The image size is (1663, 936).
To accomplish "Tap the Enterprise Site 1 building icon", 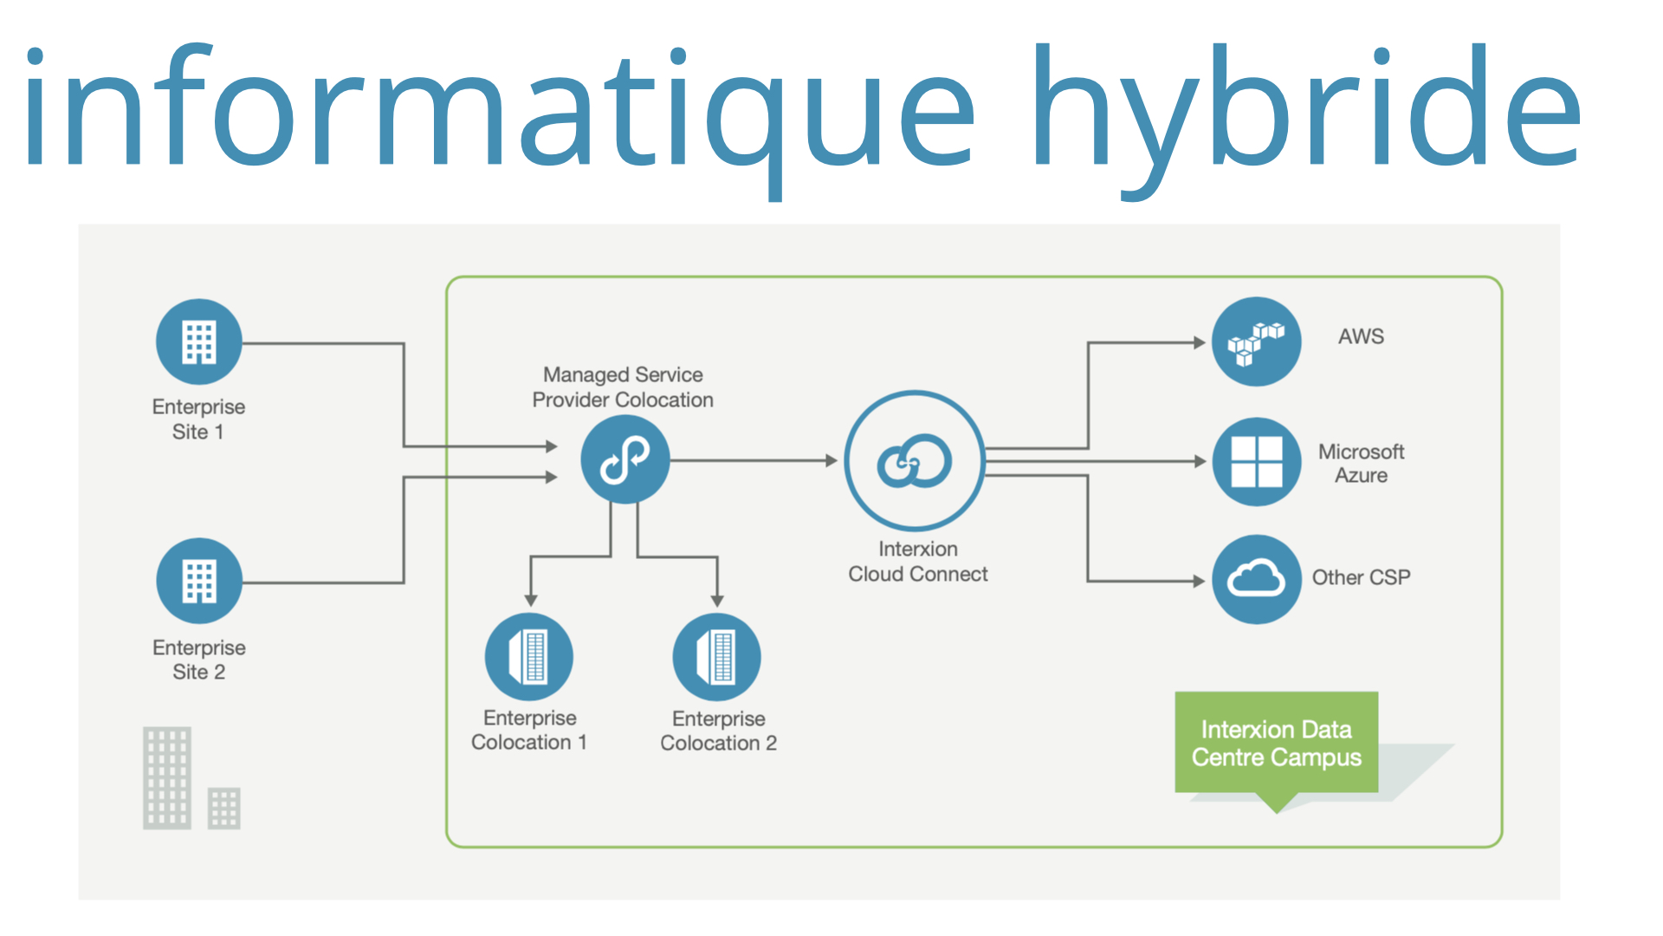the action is tap(199, 342).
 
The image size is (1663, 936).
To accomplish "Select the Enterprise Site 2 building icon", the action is tap(199, 581).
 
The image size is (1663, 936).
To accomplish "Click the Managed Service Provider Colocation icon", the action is tap(624, 459).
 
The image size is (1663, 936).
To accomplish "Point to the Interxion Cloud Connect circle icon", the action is tap(915, 460).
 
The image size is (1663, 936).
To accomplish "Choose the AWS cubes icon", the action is tap(1256, 341).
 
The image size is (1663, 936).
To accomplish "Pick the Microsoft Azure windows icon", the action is tap(1256, 462).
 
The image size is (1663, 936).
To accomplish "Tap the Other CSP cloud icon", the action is tap(1256, 579).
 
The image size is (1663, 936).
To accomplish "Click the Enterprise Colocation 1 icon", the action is tap(529, 656).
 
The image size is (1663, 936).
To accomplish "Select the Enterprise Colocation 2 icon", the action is tap(717, 656).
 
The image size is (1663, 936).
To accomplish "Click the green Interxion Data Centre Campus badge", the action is tap(1276, 744).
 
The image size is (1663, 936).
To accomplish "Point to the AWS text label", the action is tap(1361, 336).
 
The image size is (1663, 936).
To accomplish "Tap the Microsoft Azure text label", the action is tap(1361, 464).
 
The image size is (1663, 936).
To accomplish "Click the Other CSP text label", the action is tap(1361, 577).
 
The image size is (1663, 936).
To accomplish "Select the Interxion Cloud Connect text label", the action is tap(918, 562).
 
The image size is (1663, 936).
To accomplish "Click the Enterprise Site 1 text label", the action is tap(198, 419).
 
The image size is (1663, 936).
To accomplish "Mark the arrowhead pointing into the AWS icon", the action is tap(1200, 342).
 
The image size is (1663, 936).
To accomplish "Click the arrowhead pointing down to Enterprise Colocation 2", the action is tap(717, 601).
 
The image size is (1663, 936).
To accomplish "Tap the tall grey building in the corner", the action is tap(167, 778).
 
